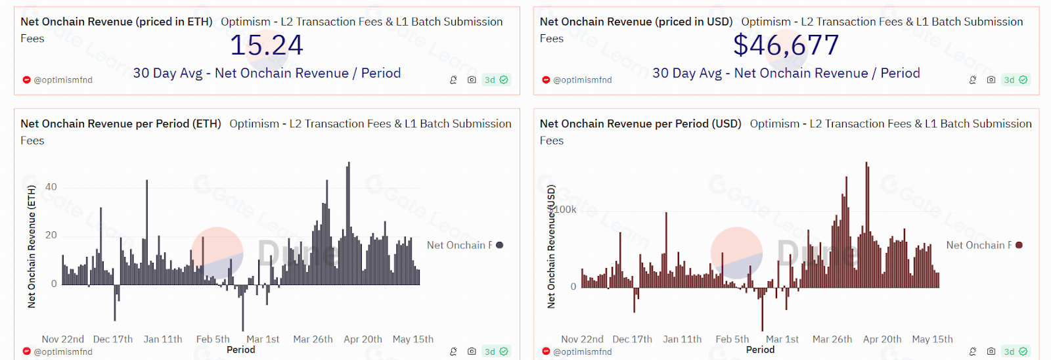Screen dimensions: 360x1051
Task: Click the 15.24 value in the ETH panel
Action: (266, 45)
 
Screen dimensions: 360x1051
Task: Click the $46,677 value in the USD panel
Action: (786, 45)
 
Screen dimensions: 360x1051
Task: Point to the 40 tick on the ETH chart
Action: (51, 187)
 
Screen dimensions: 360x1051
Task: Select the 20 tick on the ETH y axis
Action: (51, 235)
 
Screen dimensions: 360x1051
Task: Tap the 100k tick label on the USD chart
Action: (565, 210)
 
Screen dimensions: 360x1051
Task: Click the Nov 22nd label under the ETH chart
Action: (63, 339)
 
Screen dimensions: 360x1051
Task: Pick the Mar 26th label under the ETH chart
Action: (313, 339)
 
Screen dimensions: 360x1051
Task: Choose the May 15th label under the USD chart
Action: (932, 339)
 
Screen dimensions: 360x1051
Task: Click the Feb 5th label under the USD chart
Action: (732, 339)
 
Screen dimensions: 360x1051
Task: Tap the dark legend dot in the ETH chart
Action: (500, 245)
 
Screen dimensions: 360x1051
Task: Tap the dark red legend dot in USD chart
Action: (1019, 245)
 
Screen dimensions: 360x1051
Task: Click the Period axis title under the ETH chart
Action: (240, 349)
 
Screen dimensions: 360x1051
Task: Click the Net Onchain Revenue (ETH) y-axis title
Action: (31, 246)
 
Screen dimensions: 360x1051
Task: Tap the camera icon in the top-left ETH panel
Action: (472, 79)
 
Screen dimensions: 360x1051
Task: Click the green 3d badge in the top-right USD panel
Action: (1015, 79)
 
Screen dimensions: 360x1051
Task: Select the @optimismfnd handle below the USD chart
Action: (582, 351)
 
